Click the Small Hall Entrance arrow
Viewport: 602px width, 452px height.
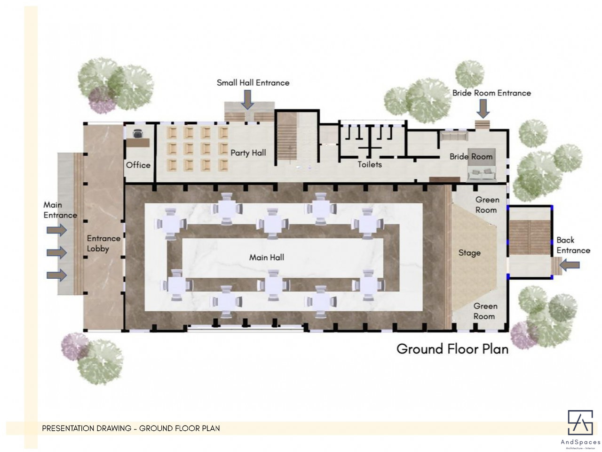247,100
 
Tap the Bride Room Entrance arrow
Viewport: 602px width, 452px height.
483,109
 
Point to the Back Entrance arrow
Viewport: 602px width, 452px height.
570,265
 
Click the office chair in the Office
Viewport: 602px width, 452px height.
137,134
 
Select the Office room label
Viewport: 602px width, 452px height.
138,165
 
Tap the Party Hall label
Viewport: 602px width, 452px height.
248,153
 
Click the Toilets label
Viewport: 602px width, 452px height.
370,164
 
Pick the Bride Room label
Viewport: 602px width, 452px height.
471,157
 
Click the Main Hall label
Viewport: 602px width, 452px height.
267,258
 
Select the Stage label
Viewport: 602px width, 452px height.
469,253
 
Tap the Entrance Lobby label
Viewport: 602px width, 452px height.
103,243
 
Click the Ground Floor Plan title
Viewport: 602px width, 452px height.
452,349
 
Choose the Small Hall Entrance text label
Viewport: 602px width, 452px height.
253,82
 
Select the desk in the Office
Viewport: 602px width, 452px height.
138,143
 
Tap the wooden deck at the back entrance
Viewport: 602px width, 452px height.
530,237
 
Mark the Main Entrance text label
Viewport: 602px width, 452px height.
60,210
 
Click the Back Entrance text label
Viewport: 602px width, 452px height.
573,245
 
